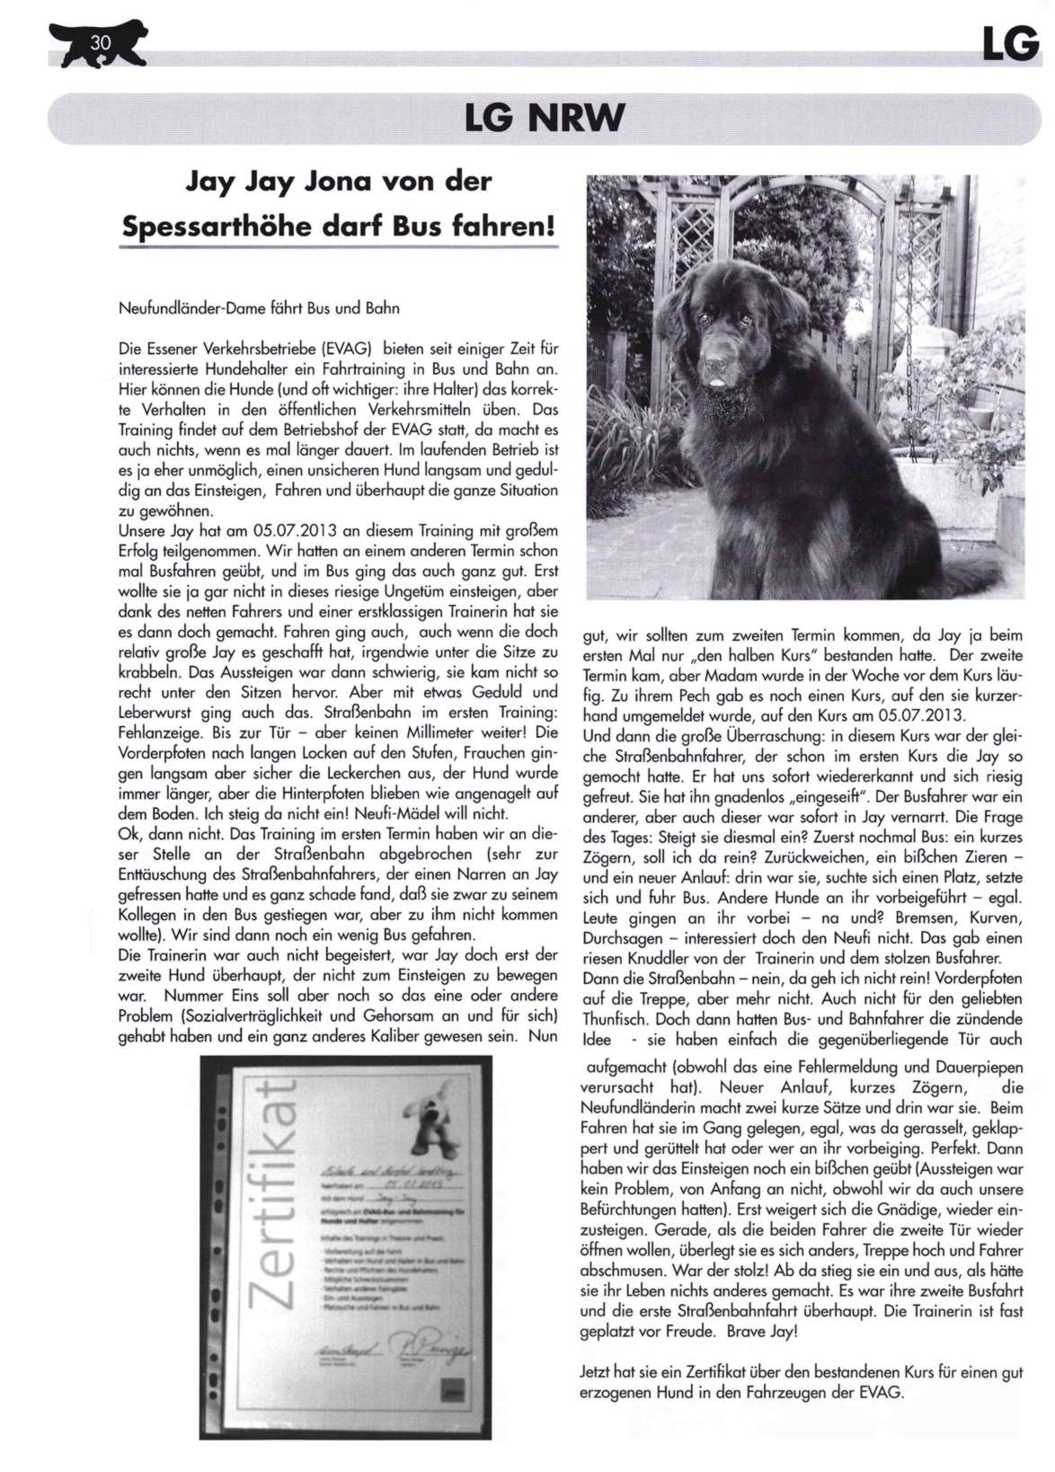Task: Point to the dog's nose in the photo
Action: (714, 366)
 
